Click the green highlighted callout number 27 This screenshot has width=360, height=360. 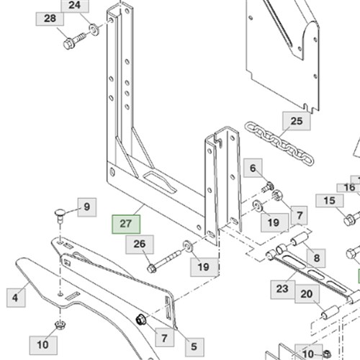click(126, 224)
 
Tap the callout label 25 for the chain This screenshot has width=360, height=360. click(297, 121)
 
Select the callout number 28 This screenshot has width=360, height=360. click(50, 19)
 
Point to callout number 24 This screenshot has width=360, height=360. click(75, 5)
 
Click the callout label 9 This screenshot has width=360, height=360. click(87, 207)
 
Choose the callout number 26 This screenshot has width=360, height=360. click(140, 244)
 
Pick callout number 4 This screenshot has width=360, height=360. click(15, 298)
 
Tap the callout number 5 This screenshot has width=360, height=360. click(194, 347)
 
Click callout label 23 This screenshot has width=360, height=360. click(282, 289)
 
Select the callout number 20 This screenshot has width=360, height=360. click(307, 294)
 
